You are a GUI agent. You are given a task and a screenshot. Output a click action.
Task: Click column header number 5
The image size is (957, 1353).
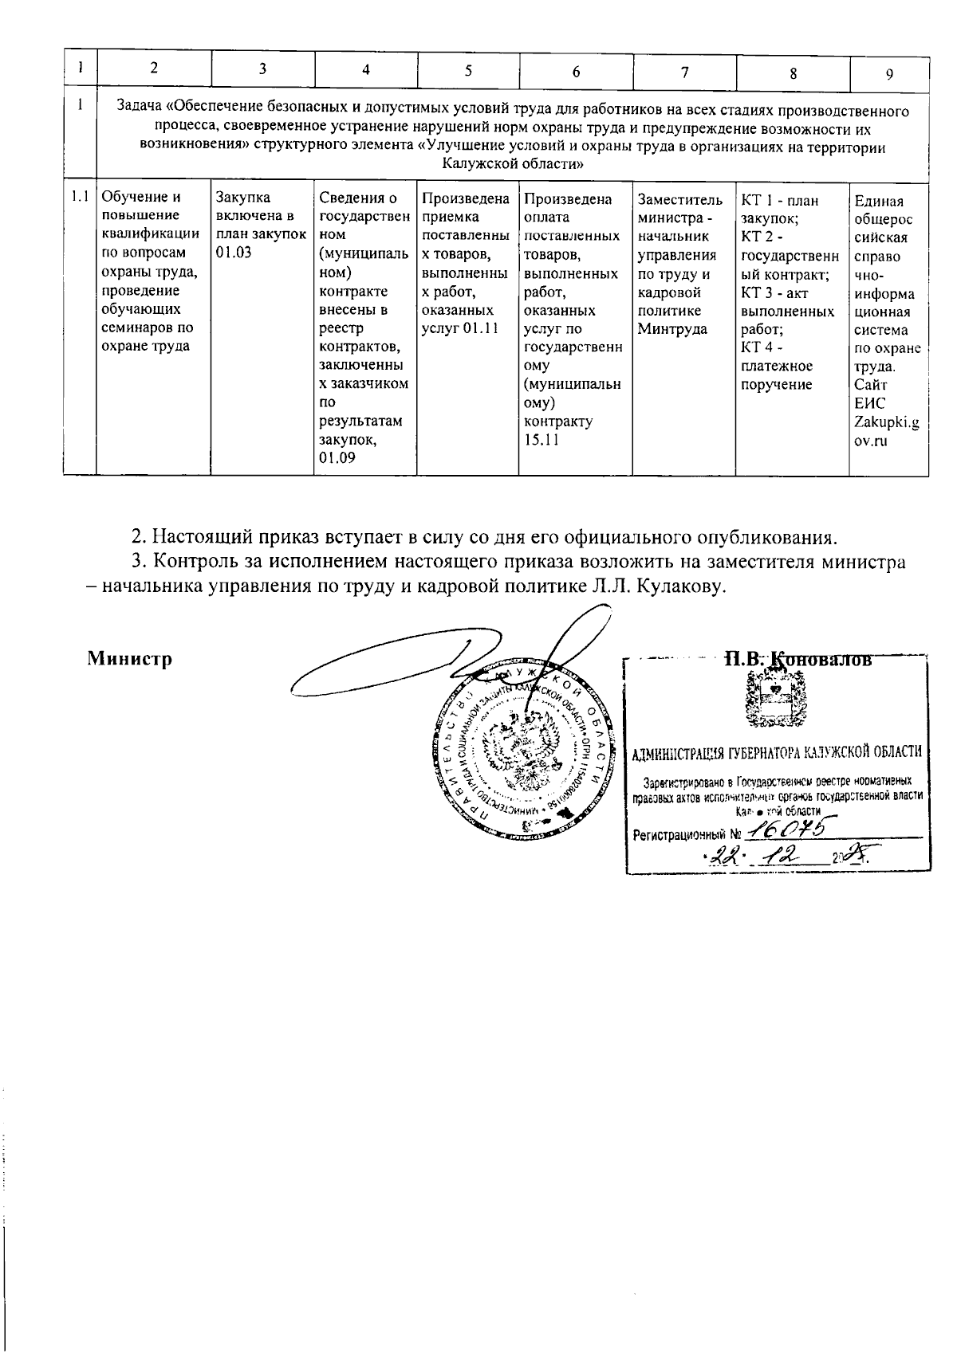[x=468, y=70]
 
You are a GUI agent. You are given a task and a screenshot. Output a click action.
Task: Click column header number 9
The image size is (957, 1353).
[x=888, y=73]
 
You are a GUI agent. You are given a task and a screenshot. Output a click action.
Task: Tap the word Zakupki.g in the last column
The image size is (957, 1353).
[x=886, y=422]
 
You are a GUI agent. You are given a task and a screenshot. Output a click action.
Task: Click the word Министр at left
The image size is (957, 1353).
[x=130, y=659]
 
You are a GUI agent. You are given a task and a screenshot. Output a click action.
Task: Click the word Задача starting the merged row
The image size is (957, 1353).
[x=140, y=111]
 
